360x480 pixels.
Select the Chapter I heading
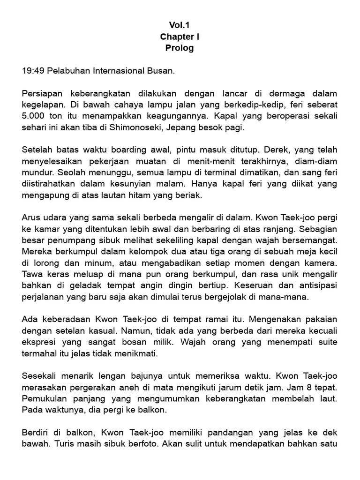point(180,37)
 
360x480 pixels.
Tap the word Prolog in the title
point(180,48)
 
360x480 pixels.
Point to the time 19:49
point(32,71)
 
